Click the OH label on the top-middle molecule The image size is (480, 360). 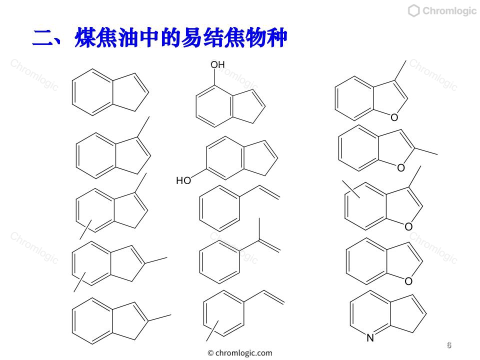pyautogui.click(x=217, y=65)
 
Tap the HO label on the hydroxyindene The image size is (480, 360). pyautogui.click(x=183, y=180)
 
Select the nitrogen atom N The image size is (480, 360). pyautogui.click(x=370, y=337)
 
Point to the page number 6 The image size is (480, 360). pyautogui.click(x=449, y=345)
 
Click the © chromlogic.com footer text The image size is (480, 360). pyautogui.click(x=240, y=353)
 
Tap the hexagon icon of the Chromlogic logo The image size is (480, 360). pyautogui.click(x=413, y=11)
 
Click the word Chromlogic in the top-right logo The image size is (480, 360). pyautogui.click(x=449, y=11)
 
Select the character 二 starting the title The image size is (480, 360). pyautogui.click(x=43, y=38)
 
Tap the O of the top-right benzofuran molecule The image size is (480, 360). pyautogui.click(x=394, y=117)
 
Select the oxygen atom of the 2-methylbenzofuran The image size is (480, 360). pyautogui.click(x=401, y=167)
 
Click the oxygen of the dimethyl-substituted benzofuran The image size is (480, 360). pyautogui.click(x=408, y=226)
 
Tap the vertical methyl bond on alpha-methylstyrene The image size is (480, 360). pyautogui.click(x=259, y=229)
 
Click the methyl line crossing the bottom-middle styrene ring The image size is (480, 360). pyautogui.click(x=212, y=330)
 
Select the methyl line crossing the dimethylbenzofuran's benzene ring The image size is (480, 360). pyautogui.click(x=351, y=189)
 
